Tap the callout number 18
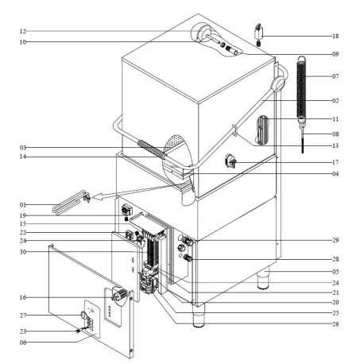tap(335, 37)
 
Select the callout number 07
tap(335, 76)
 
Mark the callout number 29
tap(335, 239)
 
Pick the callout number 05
tap(335, 272)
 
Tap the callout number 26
tap(335, 323)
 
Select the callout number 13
tap(335, 146)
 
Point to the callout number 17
tap(335, 163)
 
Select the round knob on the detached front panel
tap(122, 296)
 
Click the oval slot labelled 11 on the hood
tap(263, 130)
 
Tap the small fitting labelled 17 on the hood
tap(231, 161)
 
